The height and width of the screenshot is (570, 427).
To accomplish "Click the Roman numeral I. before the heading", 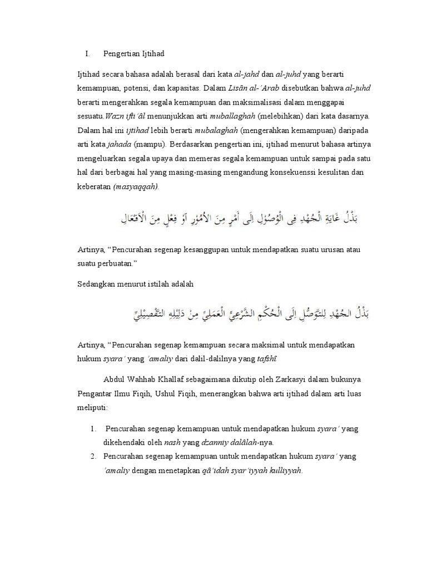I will point(87,54).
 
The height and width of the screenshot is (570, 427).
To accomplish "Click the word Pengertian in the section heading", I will point(121,54).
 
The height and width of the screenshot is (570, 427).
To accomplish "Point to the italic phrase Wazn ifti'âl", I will point(126,116).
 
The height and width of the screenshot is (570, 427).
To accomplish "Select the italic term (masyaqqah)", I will point(136,187).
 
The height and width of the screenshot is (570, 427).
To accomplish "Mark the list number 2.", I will point(93,456).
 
